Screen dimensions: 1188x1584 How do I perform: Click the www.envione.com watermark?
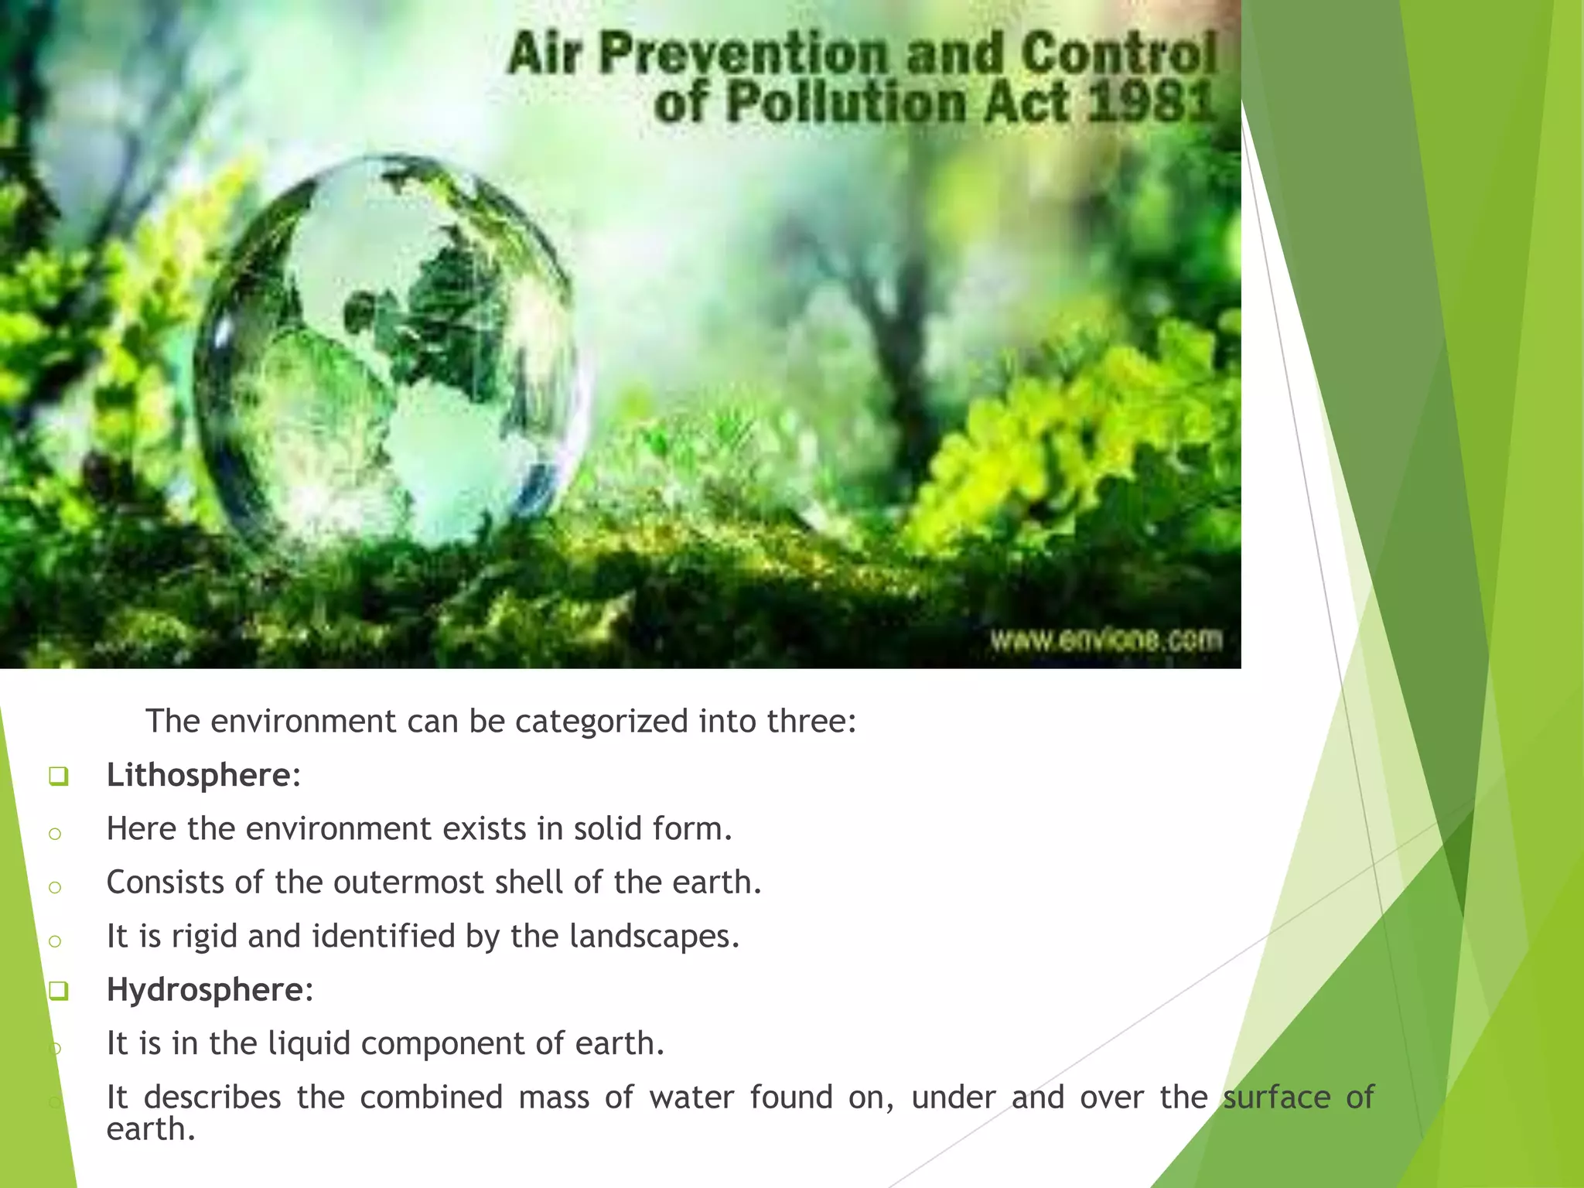(1106, 640)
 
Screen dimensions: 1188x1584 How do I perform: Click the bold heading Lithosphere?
(200, 775)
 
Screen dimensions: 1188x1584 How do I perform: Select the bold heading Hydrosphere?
(206, 989)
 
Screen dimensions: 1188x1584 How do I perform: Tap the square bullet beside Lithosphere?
(58, 776)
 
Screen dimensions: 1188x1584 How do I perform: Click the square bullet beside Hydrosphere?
(58, 991)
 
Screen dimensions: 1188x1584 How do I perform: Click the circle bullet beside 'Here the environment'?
(55, 834)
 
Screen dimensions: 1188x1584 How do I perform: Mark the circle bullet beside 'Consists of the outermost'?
(55, 887)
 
